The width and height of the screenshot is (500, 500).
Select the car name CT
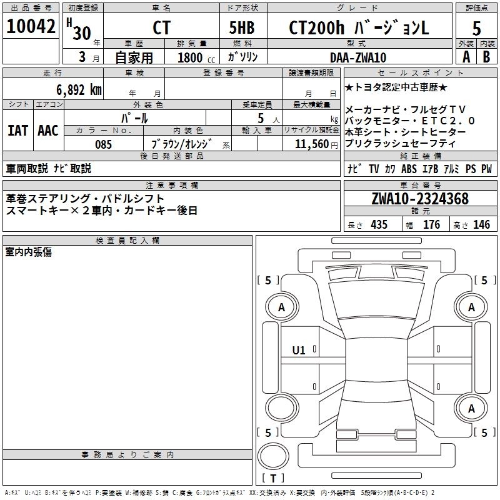pos(161,28)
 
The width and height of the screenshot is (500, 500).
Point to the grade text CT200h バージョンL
pos(359,28)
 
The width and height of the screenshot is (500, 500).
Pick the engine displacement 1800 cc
pos(191,57)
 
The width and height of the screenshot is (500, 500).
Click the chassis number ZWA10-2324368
pos(419,199)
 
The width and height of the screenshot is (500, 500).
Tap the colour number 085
pos(103,144)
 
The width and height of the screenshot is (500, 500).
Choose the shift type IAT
pos(17,131)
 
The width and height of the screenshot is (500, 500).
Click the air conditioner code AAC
pos(47,131)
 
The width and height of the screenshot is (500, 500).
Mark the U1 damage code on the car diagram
pos(299,351)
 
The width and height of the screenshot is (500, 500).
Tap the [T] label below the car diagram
pos(273,479)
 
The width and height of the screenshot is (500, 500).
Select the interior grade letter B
pos(485,56)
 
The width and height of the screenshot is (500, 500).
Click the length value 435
pos(379,225)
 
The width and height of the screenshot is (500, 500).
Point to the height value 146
pos(481,225)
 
